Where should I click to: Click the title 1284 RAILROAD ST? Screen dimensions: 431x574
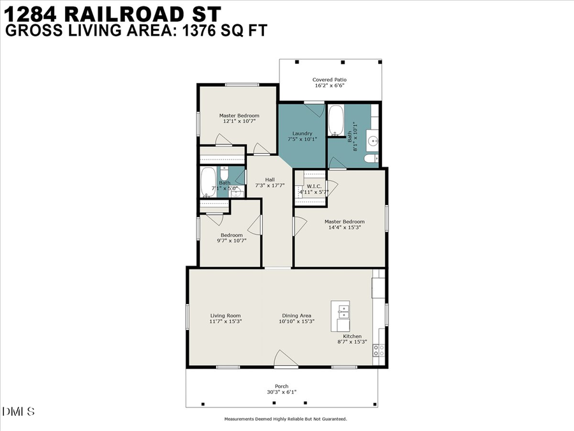click(x=114, y=13)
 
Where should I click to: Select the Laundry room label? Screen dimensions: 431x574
click(x=302, y=136)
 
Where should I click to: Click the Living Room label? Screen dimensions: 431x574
click(x=225, y=319)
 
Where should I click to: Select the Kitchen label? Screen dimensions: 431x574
click(x=352, y=339)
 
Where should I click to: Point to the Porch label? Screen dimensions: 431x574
click(x=281, y=389)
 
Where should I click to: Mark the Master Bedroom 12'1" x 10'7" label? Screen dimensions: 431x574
click(x=239, y=118)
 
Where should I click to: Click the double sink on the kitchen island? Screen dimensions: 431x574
click(x=344, y=312)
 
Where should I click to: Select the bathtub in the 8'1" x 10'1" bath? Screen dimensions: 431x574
click(x=336, y=121)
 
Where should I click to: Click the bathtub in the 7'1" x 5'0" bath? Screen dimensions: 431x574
click(x=208, y=182)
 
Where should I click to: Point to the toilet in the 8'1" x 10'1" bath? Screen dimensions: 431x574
click(x=369, y=158)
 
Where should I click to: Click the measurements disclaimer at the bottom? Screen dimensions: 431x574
click(x=285, y=420)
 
